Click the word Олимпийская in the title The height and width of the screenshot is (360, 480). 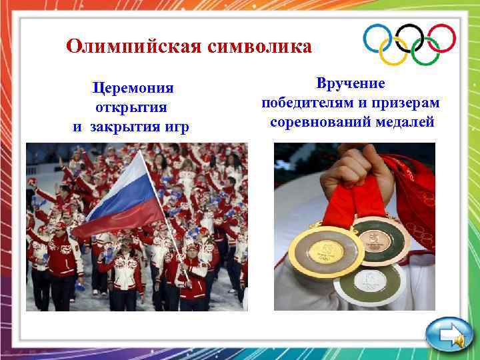135,47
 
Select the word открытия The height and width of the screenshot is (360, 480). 131,107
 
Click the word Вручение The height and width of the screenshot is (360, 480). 351,84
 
